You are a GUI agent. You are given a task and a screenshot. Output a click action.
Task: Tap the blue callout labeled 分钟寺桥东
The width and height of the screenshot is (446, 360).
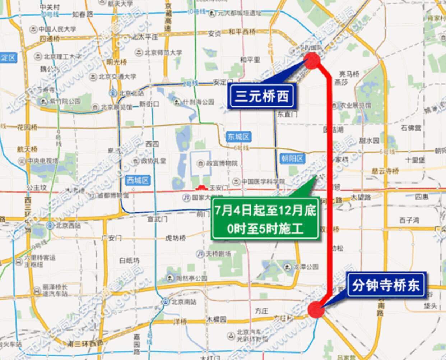click(x=385, y=286)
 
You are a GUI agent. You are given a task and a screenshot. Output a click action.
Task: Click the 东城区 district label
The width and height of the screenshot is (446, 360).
click(x=239, y=137)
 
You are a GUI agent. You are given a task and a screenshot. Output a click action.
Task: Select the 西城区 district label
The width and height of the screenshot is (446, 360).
click(x=138, y=180)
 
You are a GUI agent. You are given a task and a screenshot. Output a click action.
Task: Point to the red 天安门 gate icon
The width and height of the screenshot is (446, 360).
click(x=202, y=188)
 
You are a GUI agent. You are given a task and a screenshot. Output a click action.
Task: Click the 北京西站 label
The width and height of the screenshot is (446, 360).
click(x=65, y=226)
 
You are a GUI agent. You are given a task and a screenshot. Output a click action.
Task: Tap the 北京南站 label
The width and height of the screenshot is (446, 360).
click(x=183, y=301)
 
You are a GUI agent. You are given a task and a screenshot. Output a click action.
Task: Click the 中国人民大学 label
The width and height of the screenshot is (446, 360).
click(x=57, y=29)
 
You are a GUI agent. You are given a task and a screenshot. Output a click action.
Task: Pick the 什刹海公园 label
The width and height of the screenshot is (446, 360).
click(x=198, y=102)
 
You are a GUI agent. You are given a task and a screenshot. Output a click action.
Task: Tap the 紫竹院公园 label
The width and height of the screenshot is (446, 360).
click(x=65, y=102)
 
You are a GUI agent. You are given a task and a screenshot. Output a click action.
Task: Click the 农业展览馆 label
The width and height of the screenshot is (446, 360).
click(x=355, y=106)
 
